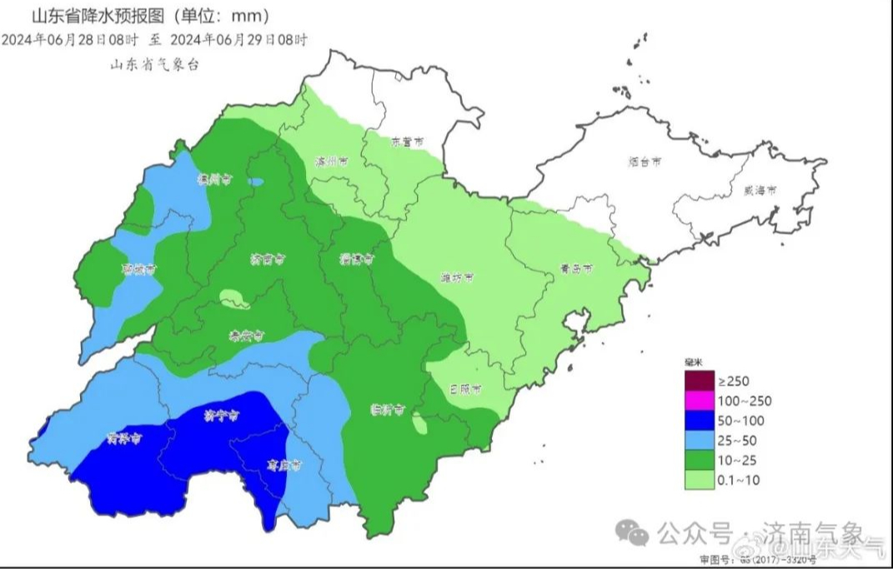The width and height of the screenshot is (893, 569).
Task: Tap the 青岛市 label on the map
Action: pos(575,269)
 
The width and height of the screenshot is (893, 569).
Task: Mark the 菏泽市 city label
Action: pos(123,437)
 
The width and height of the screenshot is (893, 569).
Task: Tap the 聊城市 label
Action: pos(139,269)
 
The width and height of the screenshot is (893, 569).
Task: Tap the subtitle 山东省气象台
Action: pos(155,66)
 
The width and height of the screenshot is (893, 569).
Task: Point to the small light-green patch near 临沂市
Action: pos(420,426)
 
